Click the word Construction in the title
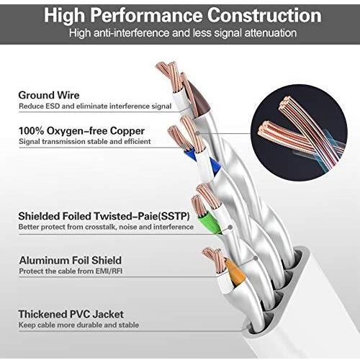(264, 15)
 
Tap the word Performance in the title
(146, 15)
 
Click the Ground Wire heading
(49, 95)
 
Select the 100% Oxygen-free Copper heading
(81, 131)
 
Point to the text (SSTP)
(174, 216)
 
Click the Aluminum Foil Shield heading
(71, 261)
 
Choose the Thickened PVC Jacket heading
(71, 314)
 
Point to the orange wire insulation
(235, 272)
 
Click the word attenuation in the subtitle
(271, 33)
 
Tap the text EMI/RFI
(109, 271)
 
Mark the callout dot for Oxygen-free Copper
(197, 132)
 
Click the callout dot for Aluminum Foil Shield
(256, 258)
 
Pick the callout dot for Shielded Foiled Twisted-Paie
(230, 227)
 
